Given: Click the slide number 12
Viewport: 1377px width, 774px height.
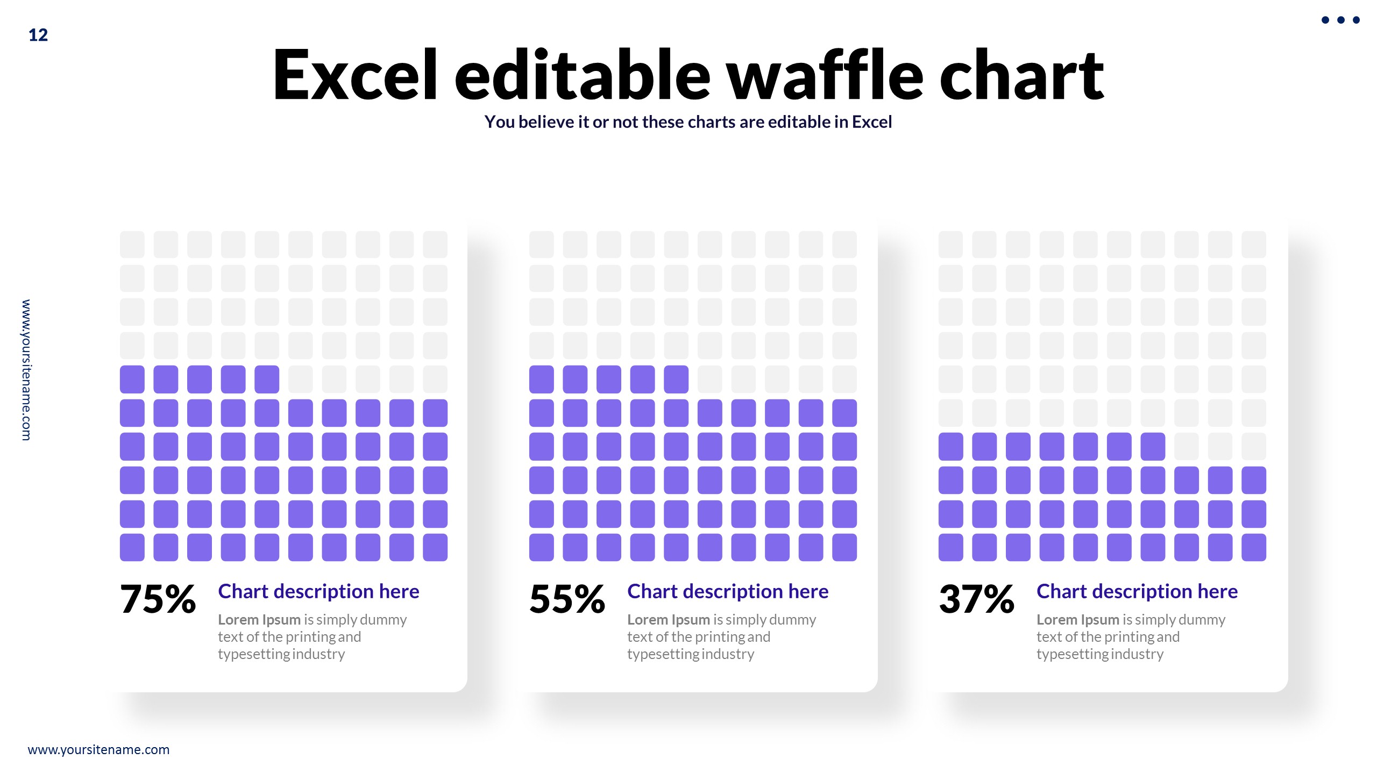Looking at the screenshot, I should (38, 35).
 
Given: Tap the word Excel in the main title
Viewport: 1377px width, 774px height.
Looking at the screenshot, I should (355, 75).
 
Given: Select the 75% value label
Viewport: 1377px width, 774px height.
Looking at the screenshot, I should (158, 599).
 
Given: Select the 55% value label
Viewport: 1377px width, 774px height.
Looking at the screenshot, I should (567, 599).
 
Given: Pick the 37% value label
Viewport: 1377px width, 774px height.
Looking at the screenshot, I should (976, 599).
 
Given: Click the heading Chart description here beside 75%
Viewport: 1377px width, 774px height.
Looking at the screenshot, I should (318, 591).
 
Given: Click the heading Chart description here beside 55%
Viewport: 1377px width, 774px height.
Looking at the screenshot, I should (728, 591).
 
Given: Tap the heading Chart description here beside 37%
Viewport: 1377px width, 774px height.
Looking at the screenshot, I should (1137, 591).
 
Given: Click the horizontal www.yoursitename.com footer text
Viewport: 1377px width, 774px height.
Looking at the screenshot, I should (98, 749).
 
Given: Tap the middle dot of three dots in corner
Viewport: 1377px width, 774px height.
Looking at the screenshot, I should (1340, 20).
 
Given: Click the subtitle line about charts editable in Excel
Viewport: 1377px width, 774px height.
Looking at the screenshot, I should (688, 122).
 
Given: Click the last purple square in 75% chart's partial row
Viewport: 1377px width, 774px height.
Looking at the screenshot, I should (267, 379).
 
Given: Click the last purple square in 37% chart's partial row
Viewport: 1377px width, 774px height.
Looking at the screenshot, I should (1153, 446).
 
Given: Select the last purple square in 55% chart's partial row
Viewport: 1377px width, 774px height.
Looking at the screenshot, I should (676, 379).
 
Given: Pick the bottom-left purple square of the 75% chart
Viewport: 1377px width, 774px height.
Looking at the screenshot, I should (132, 547).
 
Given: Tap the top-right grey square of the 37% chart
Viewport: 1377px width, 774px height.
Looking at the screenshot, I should (1253, 245).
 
